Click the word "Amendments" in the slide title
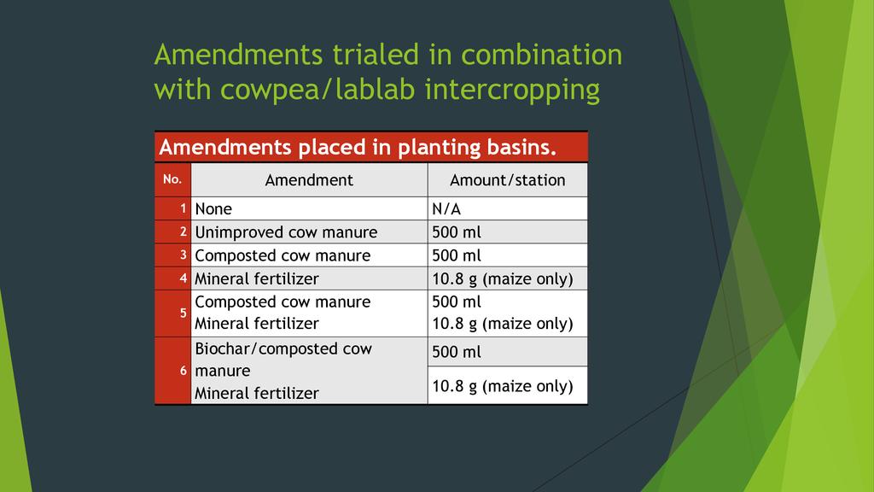tap(239, 55)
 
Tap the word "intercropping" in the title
tap(512, 90)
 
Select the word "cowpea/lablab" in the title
tap(318, 90)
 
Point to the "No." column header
tap(172, 179)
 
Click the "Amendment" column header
tap(309, 180)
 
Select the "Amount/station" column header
tap(507, 180)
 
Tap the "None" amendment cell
tap(213, 208)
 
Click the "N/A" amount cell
tap(446, 208)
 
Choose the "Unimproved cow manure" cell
tap(286, 232)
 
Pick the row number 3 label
tap(183, 255)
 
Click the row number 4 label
tap(183, 278)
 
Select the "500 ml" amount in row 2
tap(457, 232)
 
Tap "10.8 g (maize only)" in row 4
tap(502, 279)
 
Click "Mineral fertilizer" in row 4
tap(256, 278)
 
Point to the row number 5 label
tap(183, 313)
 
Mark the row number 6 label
tap(183, 371)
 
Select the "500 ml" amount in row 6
tap(457, 352)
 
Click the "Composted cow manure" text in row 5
tap(283, 302)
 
